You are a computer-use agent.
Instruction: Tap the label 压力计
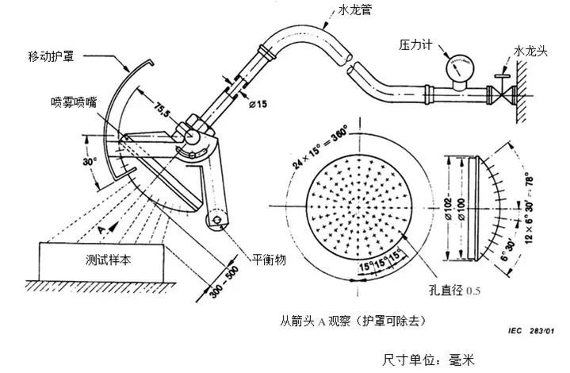pos(415,47)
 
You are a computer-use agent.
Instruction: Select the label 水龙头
pos(531,50)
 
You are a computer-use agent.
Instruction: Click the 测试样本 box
pos(102,260)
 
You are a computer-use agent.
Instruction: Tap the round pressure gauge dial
pos(459,67)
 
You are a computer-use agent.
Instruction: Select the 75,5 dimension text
pos(163,107)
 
